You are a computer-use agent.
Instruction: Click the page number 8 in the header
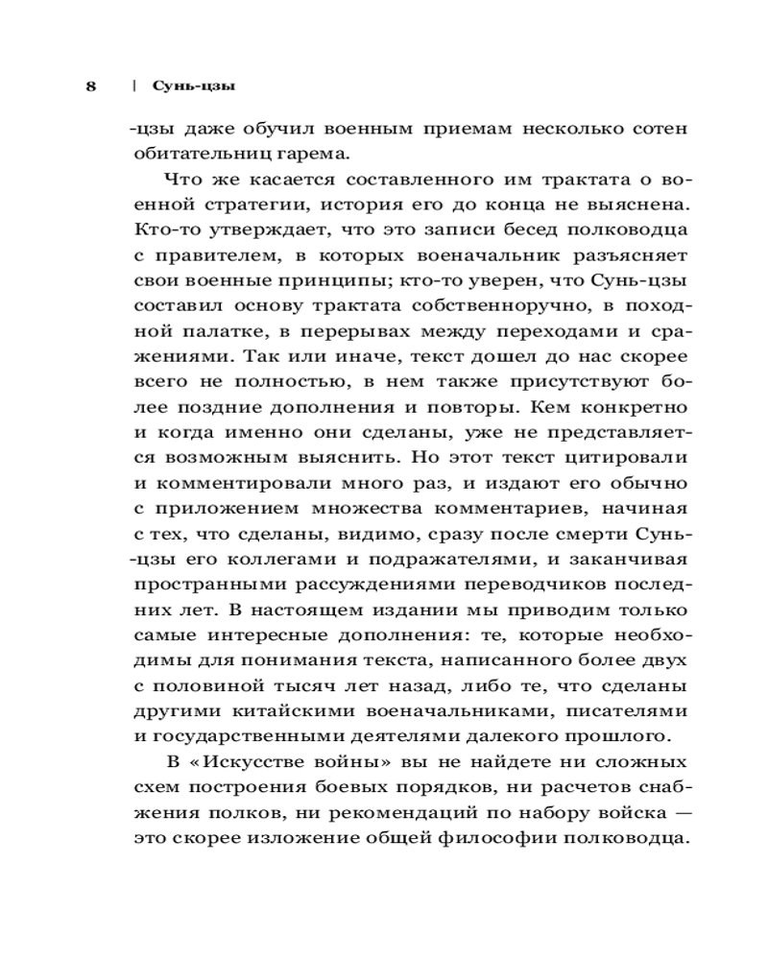90,86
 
